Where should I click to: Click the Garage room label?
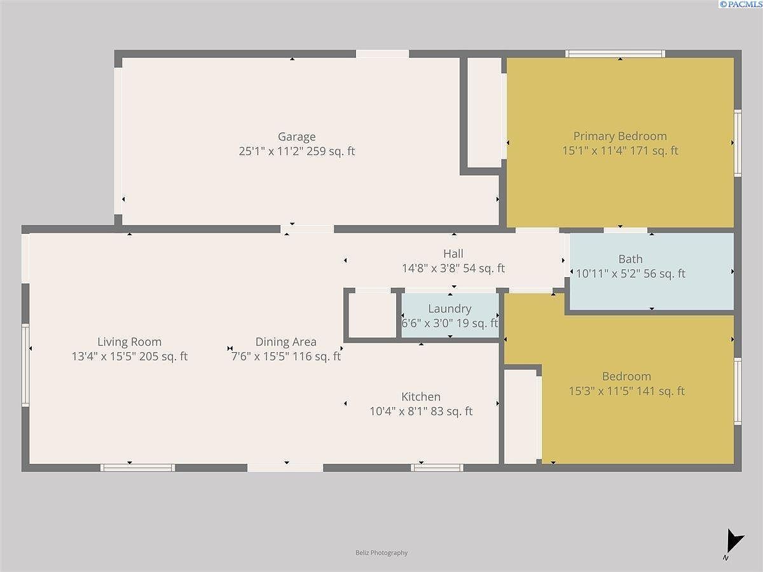(296, 137)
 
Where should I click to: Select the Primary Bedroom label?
(620, 136)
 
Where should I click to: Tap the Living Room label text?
(129, 342)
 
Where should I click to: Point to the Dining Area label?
(285, 342)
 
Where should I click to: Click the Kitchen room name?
(420, 397)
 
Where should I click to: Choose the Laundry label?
(450, 309)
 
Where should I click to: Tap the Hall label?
(453, 254)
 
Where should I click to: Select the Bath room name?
(630, 259)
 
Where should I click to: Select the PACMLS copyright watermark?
(740, 4)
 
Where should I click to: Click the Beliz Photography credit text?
(381, 553)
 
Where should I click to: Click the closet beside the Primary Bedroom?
(484, 113)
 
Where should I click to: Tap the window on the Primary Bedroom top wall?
(615, 54)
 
